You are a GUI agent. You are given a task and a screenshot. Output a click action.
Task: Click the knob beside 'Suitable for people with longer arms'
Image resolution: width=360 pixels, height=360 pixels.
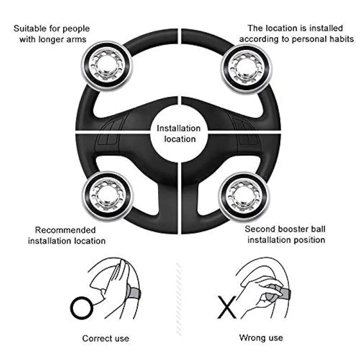click(x=107, y=65)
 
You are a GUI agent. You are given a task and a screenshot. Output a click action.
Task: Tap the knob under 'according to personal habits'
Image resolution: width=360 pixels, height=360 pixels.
click(x=246, y=68)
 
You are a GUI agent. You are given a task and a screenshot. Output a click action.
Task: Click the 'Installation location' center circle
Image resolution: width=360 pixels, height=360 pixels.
click(x=178, y=134)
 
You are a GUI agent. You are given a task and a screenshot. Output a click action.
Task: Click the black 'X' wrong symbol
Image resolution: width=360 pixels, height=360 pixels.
click(x=226, y=307)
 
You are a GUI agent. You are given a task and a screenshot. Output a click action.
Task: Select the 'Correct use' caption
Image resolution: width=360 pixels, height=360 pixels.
click(x=106, y=338)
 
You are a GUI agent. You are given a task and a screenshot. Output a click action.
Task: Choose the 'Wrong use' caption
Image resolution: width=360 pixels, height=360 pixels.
click(x=261, y=337)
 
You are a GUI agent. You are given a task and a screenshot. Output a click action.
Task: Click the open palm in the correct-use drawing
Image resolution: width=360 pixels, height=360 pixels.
click(x=117, y=278)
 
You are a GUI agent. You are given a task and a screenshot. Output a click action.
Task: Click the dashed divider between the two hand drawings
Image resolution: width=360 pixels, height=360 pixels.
click(x=178, y=298)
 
